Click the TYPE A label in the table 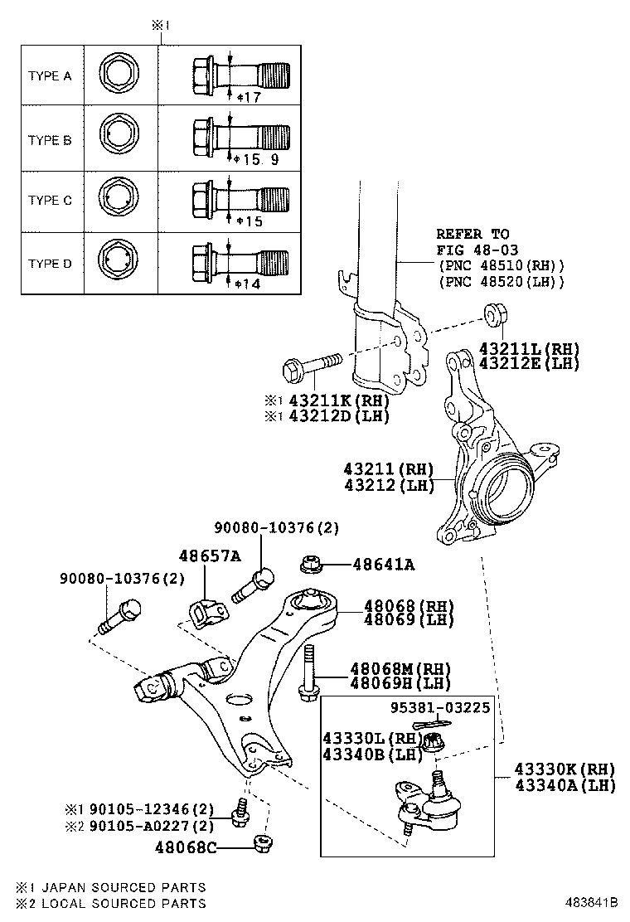[x=50, y=75]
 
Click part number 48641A [x=383, y=565]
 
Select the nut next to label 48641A [x=310, y=564]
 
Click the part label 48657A [x=210, y=556]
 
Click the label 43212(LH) [x=389, y=486]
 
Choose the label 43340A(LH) [x=565, y=784]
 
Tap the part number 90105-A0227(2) [x=153, y=825]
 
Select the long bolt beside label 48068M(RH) [x=308, y=669]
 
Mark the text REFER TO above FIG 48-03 [x=472, y=235]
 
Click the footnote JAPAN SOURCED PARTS [x=123, y=888]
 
